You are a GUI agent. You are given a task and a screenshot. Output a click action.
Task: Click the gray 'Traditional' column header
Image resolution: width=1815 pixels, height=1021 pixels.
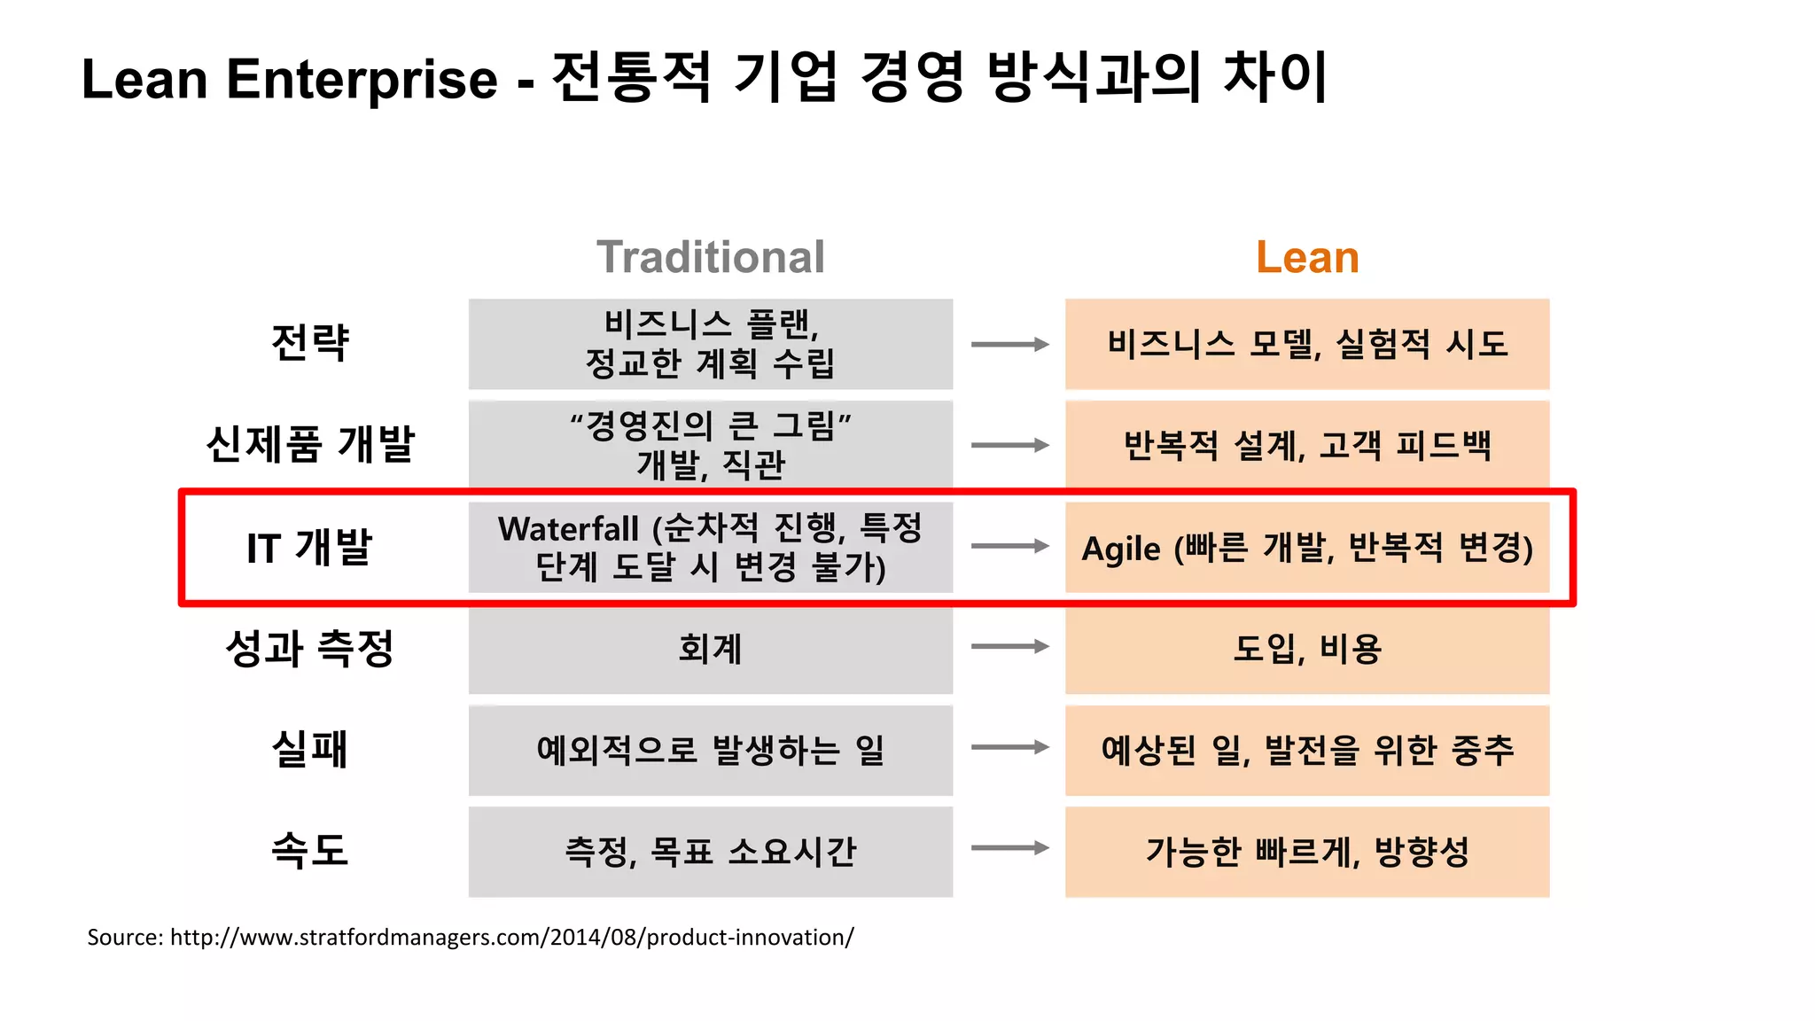click(710, 257)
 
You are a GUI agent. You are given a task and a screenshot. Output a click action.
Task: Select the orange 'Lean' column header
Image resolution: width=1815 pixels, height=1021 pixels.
click(1307, 257)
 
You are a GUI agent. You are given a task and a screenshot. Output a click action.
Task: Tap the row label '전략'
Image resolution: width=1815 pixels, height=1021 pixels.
click(310, 343)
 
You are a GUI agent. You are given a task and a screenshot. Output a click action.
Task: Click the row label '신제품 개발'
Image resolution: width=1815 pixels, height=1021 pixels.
click(310, 444)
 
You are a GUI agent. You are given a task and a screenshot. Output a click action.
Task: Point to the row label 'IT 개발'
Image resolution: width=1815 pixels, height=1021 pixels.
click(310, 547)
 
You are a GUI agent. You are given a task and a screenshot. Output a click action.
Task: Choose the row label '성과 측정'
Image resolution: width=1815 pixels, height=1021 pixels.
click(310, 648)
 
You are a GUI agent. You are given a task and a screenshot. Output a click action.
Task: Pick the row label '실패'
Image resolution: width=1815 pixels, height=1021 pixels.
click(310, 750)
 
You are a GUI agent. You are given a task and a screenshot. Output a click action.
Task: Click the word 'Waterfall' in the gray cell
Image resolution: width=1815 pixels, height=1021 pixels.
click(568, 529)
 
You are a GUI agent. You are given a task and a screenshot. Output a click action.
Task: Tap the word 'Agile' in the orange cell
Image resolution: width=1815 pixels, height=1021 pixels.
click(1121, 549)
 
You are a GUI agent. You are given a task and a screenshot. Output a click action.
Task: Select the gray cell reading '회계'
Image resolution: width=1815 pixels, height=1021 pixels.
click(710, 649)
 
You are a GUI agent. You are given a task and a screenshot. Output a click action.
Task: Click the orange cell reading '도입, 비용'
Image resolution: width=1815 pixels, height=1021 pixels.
click(1307, 649)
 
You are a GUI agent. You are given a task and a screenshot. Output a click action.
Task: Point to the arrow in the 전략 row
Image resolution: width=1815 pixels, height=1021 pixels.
click(1009, 344)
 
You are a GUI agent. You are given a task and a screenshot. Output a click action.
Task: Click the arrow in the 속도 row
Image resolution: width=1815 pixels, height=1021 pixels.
click(1009, 848)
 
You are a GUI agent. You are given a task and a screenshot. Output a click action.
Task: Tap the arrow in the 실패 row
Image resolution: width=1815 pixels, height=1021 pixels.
click(1009, 747)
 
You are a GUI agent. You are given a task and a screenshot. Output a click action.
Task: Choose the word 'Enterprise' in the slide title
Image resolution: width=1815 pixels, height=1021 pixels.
click(362, 80)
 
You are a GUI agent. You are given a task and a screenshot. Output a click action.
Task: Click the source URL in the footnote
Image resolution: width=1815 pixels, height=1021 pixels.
click(511, 938)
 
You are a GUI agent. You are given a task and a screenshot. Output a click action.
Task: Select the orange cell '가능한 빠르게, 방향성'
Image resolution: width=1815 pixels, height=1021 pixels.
click(1307, 852)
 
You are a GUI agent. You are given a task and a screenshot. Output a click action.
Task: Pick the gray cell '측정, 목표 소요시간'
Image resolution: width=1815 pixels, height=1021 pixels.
click(710, 852)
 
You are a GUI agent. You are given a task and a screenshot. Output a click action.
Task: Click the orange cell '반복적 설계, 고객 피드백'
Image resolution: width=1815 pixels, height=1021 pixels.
click(1307, 445)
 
